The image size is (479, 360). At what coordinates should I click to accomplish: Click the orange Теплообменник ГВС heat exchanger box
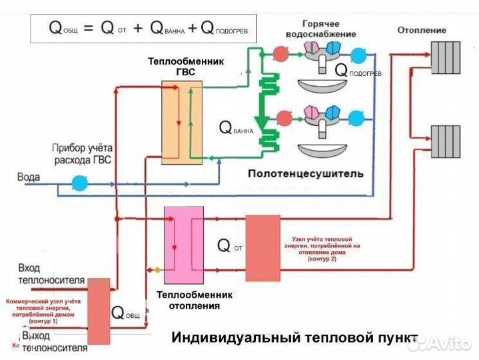tap(181, 122)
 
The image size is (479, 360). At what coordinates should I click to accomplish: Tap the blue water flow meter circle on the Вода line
tap(79, 180)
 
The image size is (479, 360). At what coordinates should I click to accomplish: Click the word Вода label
tap(29, 178)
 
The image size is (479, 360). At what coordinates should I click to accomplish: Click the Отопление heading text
tap(422, 30)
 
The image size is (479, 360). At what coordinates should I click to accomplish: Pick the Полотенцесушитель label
tap(306, 174)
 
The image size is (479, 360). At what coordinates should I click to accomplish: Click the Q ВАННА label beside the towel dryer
tap(236, 127)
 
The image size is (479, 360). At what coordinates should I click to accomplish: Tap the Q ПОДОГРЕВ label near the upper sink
tap(357, 69)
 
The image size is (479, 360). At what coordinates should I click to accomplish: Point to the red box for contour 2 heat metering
tap(262, 248)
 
